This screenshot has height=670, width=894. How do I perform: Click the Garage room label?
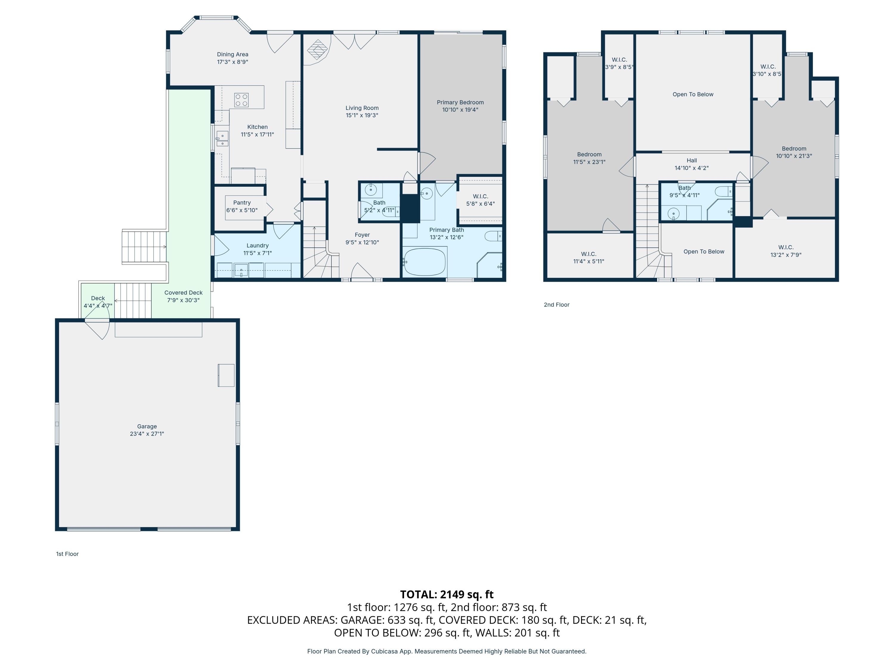(x=147, y=426)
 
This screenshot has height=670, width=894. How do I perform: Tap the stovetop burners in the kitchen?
(x=241, y=100)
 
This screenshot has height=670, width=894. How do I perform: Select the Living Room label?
(x=362, y=108)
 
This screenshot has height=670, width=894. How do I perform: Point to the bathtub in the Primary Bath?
(x=425, y=262)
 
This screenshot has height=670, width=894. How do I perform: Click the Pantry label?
(x=242, y=203)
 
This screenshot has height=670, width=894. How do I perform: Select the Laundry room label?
(x=257, y=246)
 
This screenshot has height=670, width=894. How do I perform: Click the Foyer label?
(x=362, y=235)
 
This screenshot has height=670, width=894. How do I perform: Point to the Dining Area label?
(x=232, y=54)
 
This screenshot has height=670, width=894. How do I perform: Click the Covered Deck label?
(x=184, y=293)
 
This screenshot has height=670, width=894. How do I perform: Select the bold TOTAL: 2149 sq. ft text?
(x=447, y=594)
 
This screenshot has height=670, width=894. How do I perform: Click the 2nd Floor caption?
(x=557, y=305)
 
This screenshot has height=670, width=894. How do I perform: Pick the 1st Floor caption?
(x=67, y=554)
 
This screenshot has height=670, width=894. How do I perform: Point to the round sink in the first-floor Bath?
(x=371, y=190)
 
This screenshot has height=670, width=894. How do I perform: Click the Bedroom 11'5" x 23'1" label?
(x=589, y=158)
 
